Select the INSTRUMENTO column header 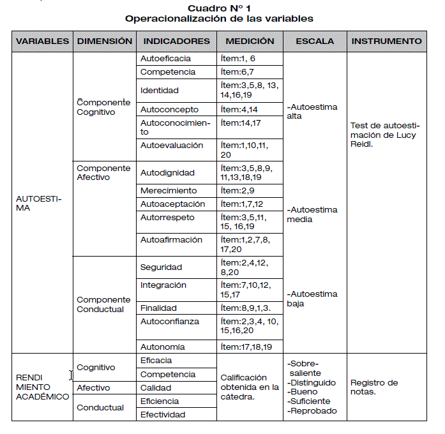[x=386, y=41]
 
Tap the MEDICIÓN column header [x=250, y=41]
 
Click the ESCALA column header [x=315, y=41]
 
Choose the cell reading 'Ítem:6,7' [x=238, y=72]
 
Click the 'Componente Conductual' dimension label [x=103, y=304]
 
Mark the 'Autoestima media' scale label [x=313, y=214]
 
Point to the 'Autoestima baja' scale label [x=312, y=299]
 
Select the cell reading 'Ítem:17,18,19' [x=246, y=347]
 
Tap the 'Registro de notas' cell [x=374, y=387]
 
